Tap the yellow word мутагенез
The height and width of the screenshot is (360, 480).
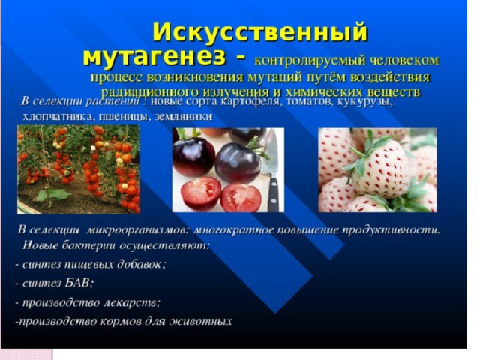point(154,57)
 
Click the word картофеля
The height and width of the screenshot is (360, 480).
point(250,102)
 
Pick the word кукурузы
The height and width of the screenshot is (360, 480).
point(365,102)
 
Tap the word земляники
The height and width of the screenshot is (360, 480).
point(183,117)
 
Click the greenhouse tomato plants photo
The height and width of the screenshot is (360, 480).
point(78,169)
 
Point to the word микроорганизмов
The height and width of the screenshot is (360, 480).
point(137,230)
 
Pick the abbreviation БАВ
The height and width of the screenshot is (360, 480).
point(79,283)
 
